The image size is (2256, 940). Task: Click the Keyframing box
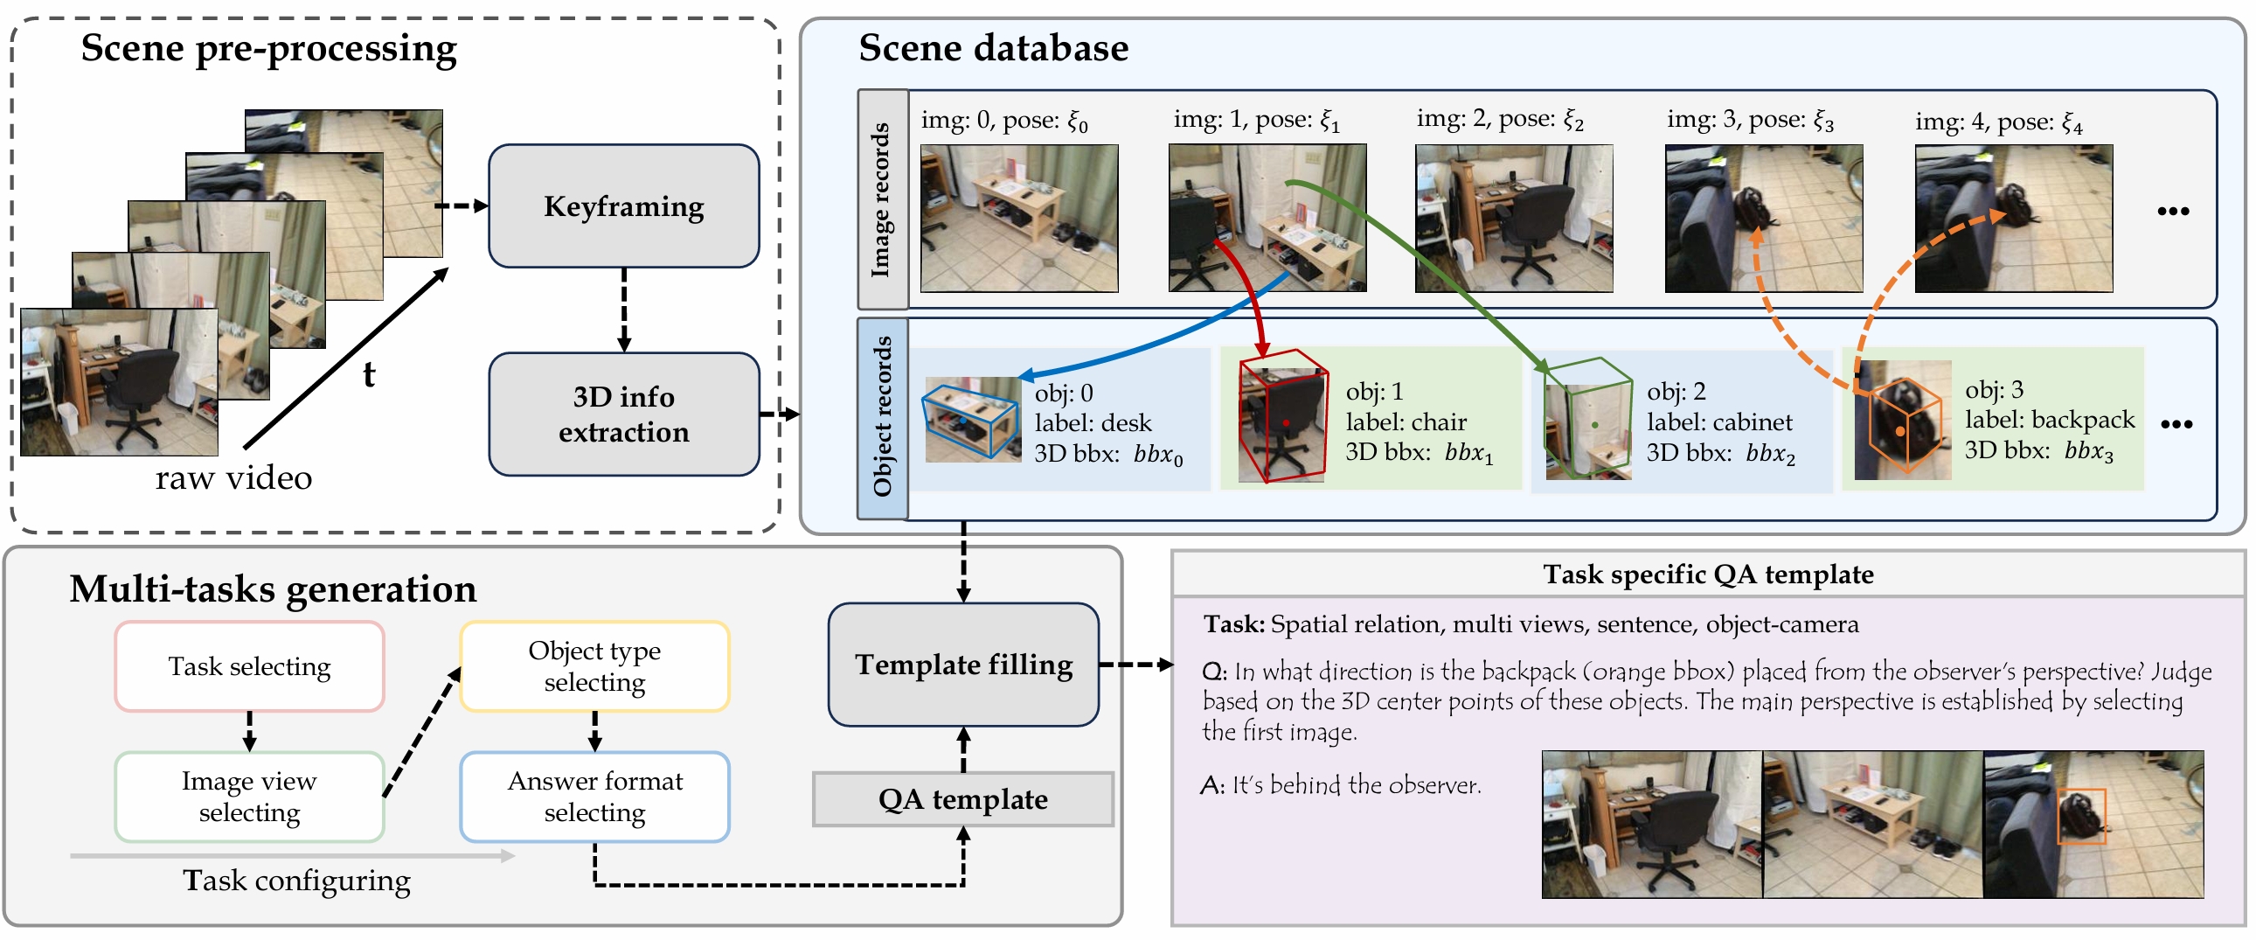pyautogui.click(x=623, y=205)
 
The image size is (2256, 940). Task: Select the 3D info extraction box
pyautogui.click(x=623, y=414)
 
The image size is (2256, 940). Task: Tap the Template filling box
pyautogui.click(x=963, y=664)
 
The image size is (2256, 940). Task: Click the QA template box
pyautogui.click(x=963, y=799)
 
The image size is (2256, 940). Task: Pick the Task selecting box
pyautogui.click(x=250, y=666)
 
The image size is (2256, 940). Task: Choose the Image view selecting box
pyautogui.click(x=250, y=797)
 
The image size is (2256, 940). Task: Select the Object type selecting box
pyautogui.click(x=594, y=666)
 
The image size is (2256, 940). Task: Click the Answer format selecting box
pyautogui.click(x=594, y=797)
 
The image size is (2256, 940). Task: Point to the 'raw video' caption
pyautogui.click(x=234, y=478)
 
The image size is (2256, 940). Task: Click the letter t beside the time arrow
pyautogui.click(x=369, y=375)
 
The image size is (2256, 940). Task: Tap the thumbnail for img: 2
pyautogui.click(x=1513, y=218)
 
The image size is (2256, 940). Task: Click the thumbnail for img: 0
pyautogui.click(x=1018, y=218)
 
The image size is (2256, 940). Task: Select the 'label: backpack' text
pyautogui.click(x=2050, y=420)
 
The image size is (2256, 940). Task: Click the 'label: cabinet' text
pyautogui.click(x=1719, y=422)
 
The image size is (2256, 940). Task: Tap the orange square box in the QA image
pyautogui.click(x=2081, y=816)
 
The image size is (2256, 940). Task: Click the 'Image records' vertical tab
pyautogui.click(x=882, y=199)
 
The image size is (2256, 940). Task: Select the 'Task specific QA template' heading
pyautogui.click(x=1708, y=574)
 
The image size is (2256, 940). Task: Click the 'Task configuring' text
pyautogui.click(x=296, y=881)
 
